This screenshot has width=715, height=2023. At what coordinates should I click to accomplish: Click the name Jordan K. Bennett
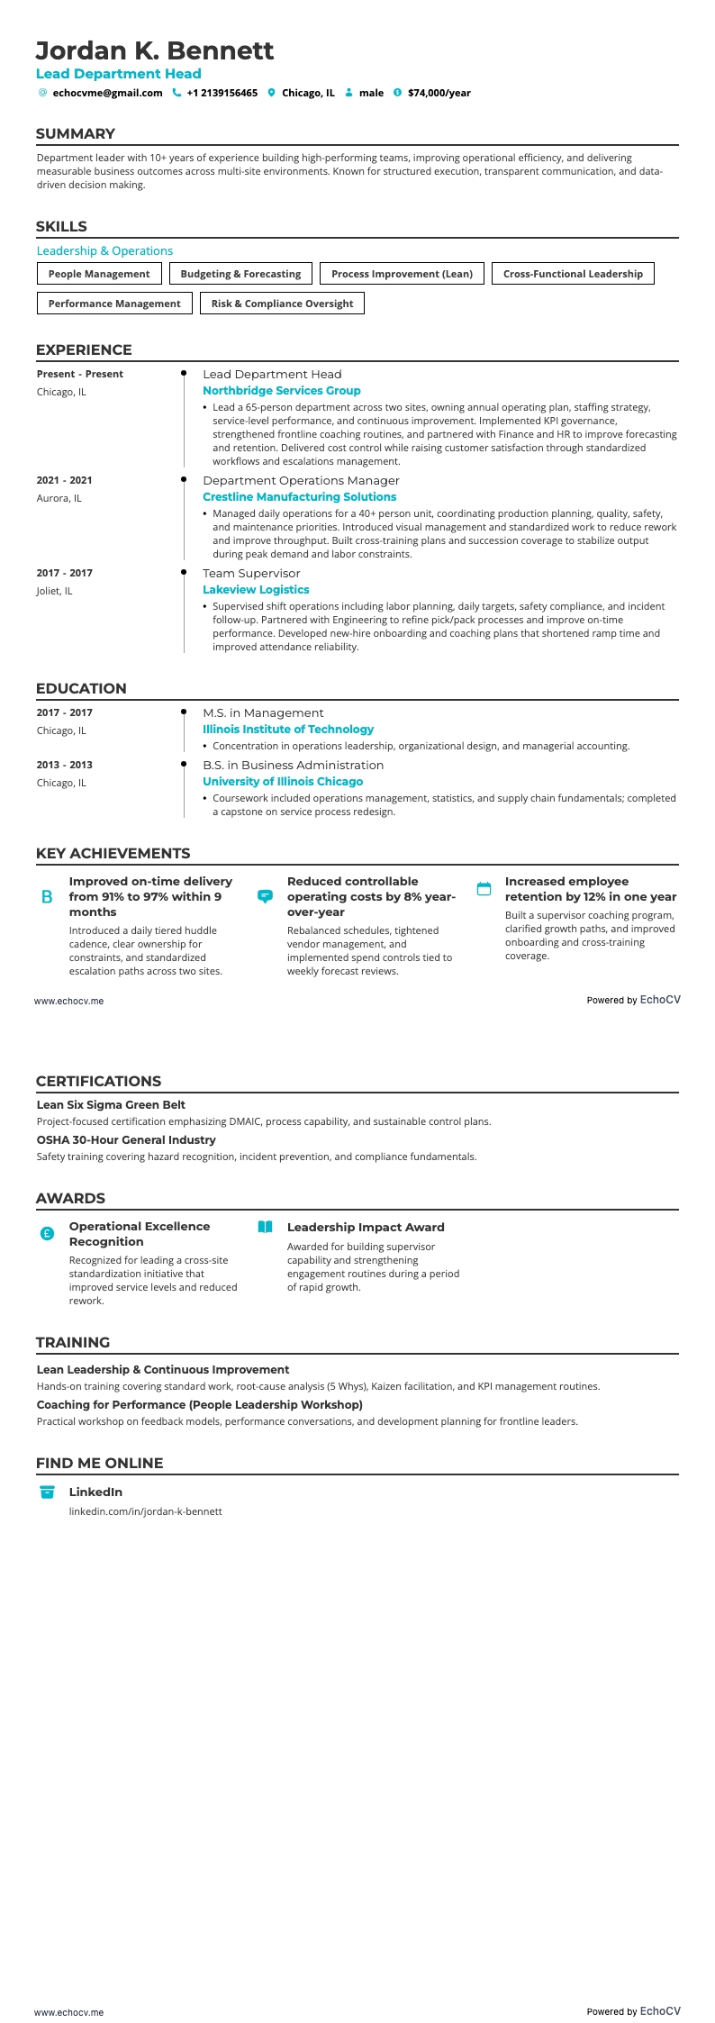pos(155,50)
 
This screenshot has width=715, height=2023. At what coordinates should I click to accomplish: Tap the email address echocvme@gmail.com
pos(107,93)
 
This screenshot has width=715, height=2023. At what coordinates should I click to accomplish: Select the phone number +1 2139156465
pos(222,93)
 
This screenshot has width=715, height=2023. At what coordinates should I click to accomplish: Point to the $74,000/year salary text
pos(439,93)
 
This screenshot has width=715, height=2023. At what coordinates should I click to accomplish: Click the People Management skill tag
pos(99,274)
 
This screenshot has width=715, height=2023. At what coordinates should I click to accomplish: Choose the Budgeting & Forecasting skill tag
pos(240,274)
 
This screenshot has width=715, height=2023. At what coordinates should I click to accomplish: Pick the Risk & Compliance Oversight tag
pos(282,304)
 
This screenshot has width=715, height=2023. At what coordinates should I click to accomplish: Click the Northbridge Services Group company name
pos(281,391)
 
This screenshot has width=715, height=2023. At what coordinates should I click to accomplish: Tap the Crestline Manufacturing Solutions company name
pos(299,497)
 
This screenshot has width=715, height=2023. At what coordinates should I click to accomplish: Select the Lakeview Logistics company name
pos(256,590)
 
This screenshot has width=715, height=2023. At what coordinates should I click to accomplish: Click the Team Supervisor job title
pos(251,574)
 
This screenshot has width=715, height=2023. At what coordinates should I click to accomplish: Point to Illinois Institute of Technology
pos(287,730)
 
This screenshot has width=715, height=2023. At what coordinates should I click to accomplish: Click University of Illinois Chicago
pos(283,782)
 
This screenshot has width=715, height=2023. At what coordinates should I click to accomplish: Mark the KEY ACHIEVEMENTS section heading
pos(113,854)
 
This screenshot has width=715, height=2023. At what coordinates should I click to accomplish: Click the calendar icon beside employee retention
pos(484,889)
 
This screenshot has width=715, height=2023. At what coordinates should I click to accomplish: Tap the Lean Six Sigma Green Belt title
pos(111,1105)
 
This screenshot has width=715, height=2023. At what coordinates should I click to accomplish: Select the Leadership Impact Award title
pos(365,1228)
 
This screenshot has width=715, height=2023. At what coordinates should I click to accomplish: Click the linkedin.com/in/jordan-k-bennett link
pos(145,1511)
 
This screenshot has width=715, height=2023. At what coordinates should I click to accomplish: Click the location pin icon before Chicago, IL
pos(271,93)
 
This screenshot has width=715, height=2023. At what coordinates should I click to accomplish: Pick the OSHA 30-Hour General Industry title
pos(126,1140)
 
